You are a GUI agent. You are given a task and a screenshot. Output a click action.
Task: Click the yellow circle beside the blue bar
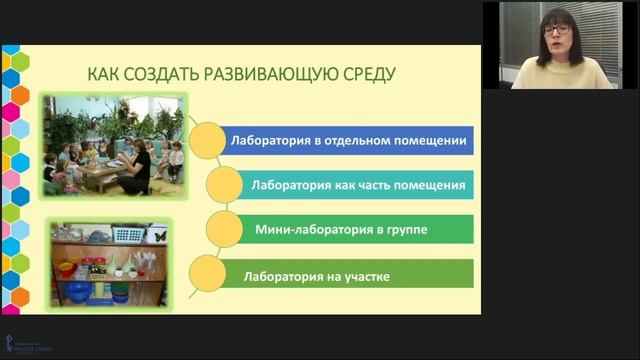pos(204,141)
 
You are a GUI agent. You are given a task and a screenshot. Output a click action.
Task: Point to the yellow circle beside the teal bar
pos(221,185)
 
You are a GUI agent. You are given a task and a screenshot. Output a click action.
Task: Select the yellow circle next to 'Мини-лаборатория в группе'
pos(221,229)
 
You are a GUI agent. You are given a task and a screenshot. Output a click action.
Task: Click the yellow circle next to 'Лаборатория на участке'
pos(204,273)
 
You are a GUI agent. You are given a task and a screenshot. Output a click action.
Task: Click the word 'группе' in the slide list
pos(405,229)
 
